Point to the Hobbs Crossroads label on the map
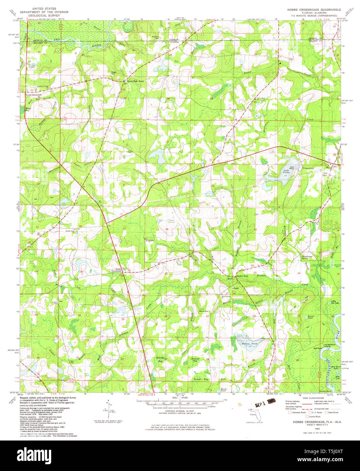(x=116, y=270)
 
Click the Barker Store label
(x=242, y=276)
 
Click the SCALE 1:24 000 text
(x=180, y=398)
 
